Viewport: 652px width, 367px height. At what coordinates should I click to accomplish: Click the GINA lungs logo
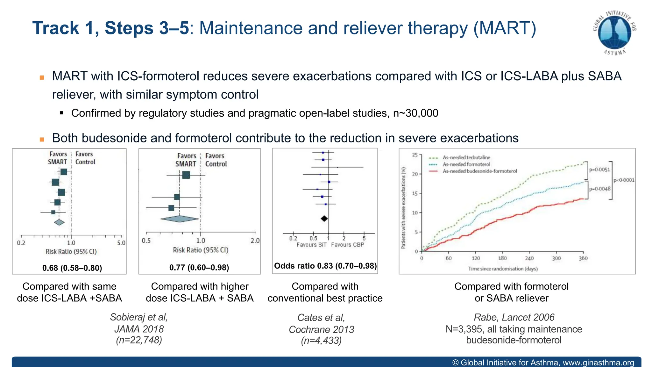pos(614,33)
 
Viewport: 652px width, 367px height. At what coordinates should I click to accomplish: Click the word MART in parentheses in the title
pos(505,28)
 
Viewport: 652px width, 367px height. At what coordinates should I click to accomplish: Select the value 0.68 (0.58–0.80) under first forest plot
pos(72,268)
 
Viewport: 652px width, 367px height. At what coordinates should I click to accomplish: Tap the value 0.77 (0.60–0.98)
pos(199,267)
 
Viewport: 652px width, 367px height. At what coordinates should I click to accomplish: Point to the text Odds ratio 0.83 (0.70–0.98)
pos(325,266)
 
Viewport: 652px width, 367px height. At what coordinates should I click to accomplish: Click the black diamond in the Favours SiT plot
pos(324,219)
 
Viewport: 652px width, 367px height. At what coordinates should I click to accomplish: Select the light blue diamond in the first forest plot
pos(59,222)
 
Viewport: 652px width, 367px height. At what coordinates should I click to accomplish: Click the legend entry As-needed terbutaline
pos(466,157)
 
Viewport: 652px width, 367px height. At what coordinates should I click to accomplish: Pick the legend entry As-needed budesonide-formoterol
pos(480,171)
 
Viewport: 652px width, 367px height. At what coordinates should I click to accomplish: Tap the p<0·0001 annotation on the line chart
pos(624,180)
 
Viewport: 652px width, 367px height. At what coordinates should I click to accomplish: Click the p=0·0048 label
pos(600,189)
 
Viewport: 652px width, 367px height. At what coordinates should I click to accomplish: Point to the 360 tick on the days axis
pos(583,258)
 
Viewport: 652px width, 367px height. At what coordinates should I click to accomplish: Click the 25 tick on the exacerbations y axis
pos(415,155)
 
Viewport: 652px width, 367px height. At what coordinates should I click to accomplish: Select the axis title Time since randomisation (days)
pos(503,269)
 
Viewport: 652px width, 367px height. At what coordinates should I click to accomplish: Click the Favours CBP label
pos(347,245)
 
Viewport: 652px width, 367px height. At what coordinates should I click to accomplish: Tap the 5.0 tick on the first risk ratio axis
pos(121,243)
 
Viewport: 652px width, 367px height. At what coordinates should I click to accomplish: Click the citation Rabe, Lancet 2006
pos(514,317)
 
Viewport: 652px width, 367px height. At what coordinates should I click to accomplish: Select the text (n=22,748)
pos(139,340)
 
